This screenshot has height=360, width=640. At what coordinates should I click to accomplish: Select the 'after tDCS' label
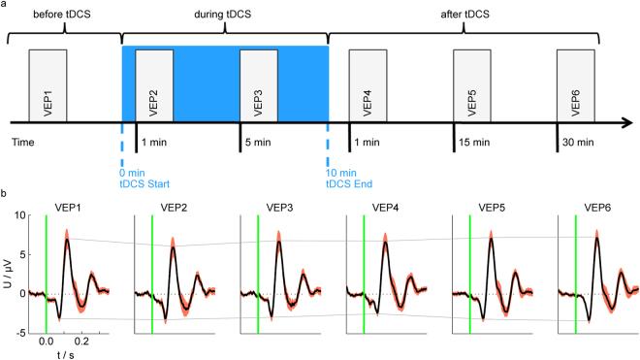[464, 13]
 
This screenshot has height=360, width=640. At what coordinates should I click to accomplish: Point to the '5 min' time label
[258, 143]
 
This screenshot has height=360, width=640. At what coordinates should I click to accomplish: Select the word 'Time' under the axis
[23, 143]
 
